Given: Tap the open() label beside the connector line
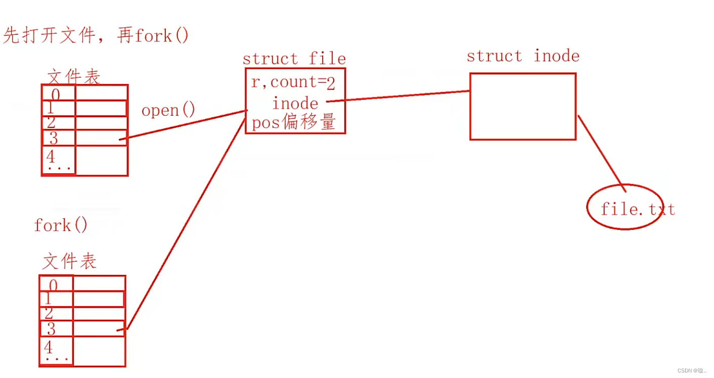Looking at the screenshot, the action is pos(168,110).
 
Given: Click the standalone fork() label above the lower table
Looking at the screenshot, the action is pos(61,225).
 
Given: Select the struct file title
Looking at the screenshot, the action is pos(294,59).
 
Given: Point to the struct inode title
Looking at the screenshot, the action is pos(523,56).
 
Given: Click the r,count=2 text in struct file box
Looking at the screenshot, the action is pos(293,82).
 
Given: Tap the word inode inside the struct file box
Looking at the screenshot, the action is pos(295,104).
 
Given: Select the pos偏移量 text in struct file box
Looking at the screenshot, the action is pos(294,123).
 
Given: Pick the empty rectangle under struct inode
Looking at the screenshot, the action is pos(523,107).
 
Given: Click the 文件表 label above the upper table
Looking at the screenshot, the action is pos(74,77).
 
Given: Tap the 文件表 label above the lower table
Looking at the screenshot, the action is pos(69,261).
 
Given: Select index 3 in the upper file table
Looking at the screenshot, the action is pos(54,137).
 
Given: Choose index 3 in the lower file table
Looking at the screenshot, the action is pos(51,329).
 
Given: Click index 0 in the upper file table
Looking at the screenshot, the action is pos(55,94).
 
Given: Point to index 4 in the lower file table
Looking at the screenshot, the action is pos(48,347).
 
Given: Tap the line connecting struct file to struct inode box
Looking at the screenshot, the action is pos(399,97).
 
